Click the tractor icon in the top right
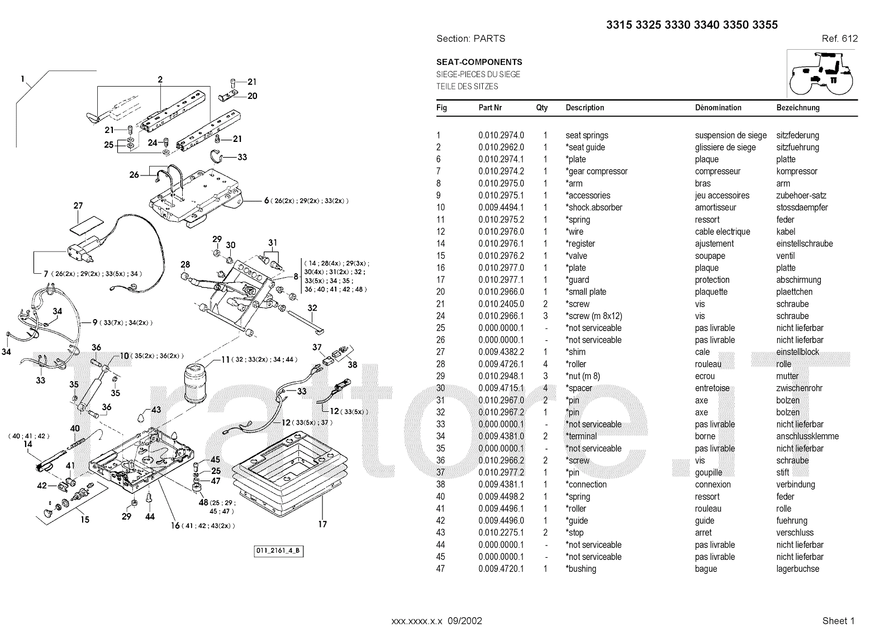[821, 74]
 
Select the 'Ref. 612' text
[839, 39]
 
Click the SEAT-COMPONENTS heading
[479, 62]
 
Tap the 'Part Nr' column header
[490, 108]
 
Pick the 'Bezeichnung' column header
[798, 108]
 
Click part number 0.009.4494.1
[501, 207]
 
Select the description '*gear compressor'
[596, 172]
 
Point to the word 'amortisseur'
[715, 207]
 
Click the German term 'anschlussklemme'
[807, 436]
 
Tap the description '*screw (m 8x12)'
[593, 316]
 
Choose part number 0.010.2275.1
[501, 533]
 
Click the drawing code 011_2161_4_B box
[279, 551]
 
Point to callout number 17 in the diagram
[322, 524]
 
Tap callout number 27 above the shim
[78, 206]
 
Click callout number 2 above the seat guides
[160, 80]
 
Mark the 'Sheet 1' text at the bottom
[838, 621]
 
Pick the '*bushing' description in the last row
[581, 569]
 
